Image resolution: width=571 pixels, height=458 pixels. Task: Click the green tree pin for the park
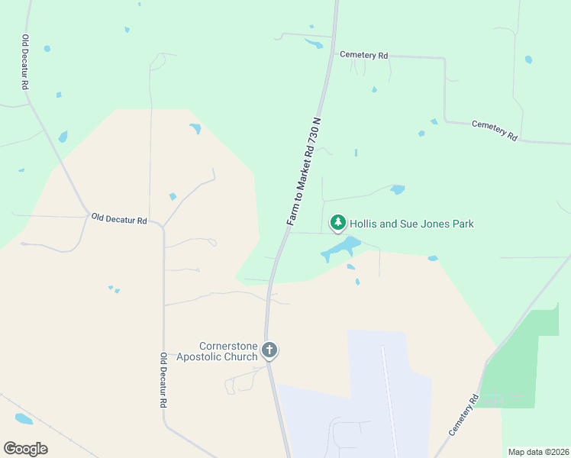tap(338, 223)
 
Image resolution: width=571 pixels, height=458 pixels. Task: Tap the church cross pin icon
tap(269, 350)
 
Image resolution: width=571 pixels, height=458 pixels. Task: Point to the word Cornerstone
tap(228, 346)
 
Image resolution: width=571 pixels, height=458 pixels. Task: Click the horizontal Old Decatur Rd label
tap(118, 219)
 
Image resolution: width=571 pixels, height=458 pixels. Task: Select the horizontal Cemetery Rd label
tap(363, 55)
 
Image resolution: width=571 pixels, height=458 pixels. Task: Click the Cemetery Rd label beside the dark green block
tap(463, 415)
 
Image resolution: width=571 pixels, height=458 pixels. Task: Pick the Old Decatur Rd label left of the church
tap(163, 379)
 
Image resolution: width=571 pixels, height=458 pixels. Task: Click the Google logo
tap(25, 449)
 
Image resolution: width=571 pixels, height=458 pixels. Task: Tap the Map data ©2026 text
tap(537, 452)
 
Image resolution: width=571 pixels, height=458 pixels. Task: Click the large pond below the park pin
tap(341, 247)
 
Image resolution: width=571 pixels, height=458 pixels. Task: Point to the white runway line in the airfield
tap(389, 397)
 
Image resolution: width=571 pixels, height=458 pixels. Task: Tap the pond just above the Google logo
tap(24, 419)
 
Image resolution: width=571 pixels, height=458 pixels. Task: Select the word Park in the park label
tap(463, 224)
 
